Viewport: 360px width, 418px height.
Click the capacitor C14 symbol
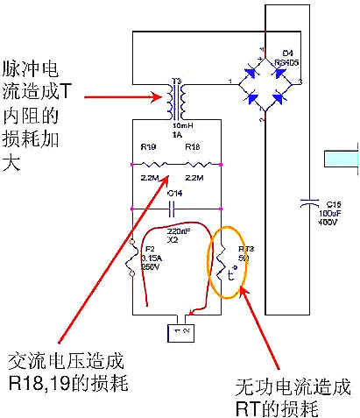pyautogui.click(x=174, y=209)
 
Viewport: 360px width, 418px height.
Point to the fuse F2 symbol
pyautogui.click(x=132, y=263)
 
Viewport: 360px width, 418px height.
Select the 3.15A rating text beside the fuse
pyautogui.click(x=152, y=259)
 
